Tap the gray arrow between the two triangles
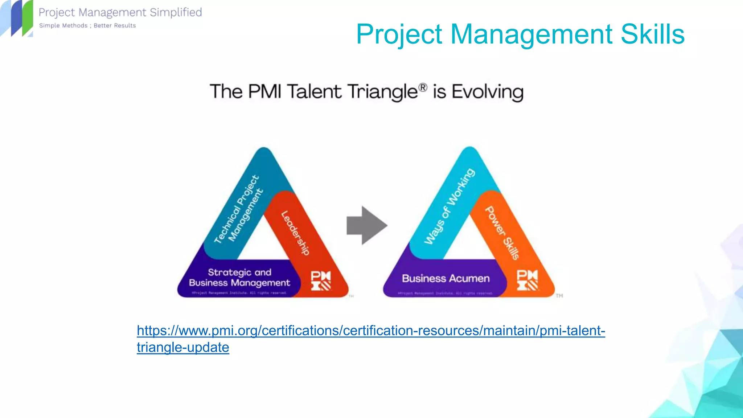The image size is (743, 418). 366,225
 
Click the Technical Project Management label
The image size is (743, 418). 238,209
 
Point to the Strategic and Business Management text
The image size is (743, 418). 239,278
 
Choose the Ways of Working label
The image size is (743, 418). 450,206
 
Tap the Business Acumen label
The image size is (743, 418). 446,279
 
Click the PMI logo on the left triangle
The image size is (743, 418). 321,280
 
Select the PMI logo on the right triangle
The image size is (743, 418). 527,280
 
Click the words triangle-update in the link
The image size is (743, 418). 183,348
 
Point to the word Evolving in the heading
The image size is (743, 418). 487,92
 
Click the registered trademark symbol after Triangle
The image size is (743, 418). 423,87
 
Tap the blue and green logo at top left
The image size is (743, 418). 17,18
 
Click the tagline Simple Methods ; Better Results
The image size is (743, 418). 87,25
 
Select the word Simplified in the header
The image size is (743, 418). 176,12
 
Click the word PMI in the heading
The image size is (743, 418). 265,91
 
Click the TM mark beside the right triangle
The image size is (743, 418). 559,296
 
